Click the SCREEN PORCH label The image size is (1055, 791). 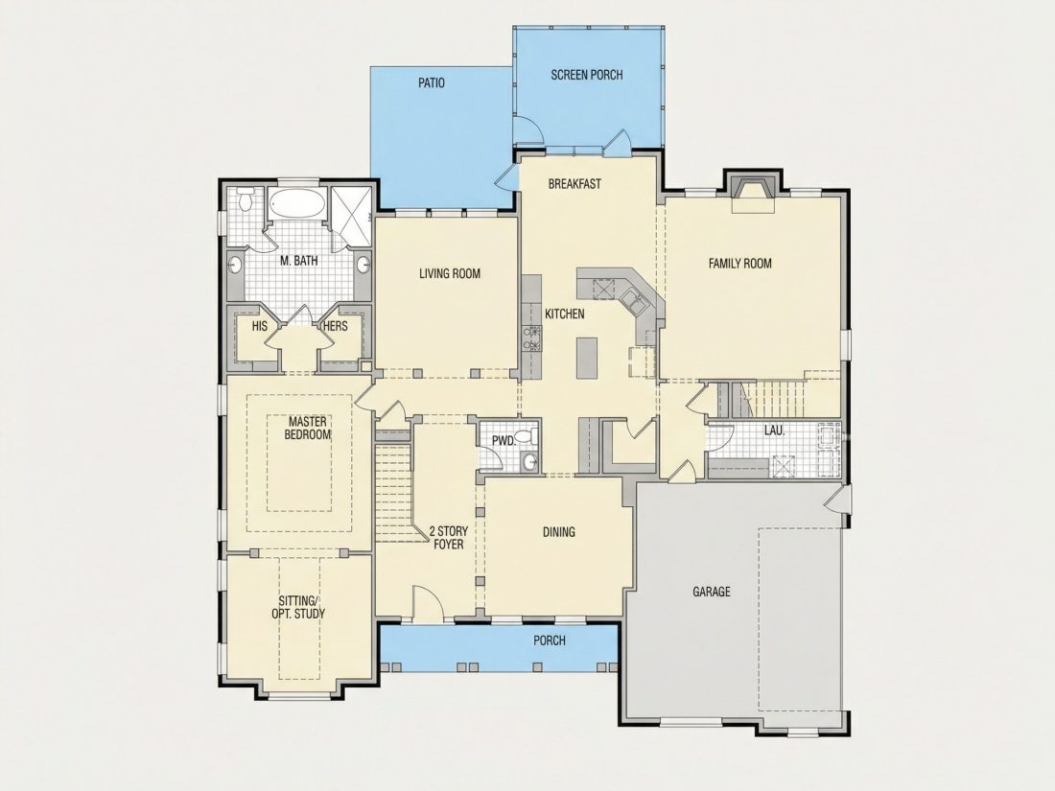pyautogui.click(x=587, y=75)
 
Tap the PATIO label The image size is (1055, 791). pyautogui.click(x=432, y=83)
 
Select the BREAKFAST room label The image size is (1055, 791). pyautogui.click(x=574, y=184)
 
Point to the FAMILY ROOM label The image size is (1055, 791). pyautogui.click(x=740, y=264)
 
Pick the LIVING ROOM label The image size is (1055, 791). pyautogui.click(x=450, y=274)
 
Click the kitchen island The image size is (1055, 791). pyautogui.click(x=586, y=359)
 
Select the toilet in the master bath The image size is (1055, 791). pyautogui.click(x=246, y=199)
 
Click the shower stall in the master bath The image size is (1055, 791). pyautogui.click(x=352, y=206)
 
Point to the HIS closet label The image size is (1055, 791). pyautogui.click(x=260, y=326)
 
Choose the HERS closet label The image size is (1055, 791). pyautogui.click(x=335, y=326)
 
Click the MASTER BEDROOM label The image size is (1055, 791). pyautogui.click(x=308, y=429)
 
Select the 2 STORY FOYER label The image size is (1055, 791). pyautogui.click(x=449, y=538)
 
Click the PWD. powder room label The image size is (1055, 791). pyautogui.click(x=504, y=441)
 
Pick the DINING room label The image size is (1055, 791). pyautogui.click(x=559, y=532)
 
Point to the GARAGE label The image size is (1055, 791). pyautogui.click(x=712, y=592)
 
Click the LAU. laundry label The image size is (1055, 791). pyautogui.click(x=774, y=430)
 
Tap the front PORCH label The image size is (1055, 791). pyautogui.click(x=550, y=640)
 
